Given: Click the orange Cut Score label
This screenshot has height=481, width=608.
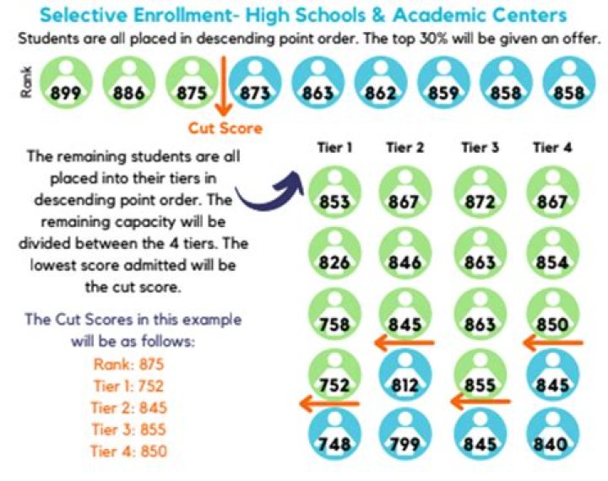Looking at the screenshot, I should tap(225, 128).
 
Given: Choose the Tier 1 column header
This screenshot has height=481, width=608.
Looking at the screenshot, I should tap(334, 149).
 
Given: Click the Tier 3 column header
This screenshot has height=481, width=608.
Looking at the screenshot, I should tap(480, 149).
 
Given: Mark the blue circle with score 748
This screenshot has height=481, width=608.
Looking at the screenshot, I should tap(334, 435).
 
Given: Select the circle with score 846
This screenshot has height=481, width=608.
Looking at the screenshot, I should tap(406, 254).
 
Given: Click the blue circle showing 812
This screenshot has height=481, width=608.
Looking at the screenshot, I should tap(406, 375).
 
